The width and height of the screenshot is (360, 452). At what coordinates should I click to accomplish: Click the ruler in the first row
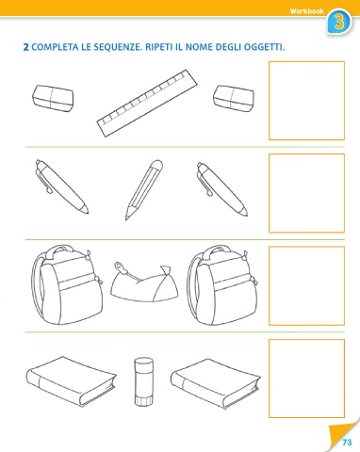pos(147,104)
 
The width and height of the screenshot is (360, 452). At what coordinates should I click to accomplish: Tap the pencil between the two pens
pos(144,190)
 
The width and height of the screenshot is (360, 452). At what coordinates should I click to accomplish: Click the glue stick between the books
pos(143,381)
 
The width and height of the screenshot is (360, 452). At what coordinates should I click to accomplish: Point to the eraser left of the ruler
pos(53,98)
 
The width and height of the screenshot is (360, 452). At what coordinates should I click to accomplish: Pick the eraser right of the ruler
pos(234,99)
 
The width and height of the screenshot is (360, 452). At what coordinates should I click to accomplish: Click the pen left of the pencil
pos(61,186)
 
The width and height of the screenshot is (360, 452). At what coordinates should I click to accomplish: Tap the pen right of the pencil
pos(222,189)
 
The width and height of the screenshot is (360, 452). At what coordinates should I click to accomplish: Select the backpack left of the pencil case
pos(67,285)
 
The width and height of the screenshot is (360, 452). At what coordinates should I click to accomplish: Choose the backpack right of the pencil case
pos(222,285)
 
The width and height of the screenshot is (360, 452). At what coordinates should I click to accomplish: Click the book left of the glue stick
pos(71,380)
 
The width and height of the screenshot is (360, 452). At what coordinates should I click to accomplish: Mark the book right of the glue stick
pos(216,383)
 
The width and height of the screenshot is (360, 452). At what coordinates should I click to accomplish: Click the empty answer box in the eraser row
pos(306,101)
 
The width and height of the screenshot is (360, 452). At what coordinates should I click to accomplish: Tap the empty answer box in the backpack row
pos(306,285)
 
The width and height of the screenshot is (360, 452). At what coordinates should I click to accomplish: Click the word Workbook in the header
pos(306,11)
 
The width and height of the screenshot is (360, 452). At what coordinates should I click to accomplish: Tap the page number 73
pos(347,443)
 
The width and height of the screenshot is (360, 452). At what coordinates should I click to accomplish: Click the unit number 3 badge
pos(339,22)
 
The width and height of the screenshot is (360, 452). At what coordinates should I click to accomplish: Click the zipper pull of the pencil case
pos(119,266)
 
